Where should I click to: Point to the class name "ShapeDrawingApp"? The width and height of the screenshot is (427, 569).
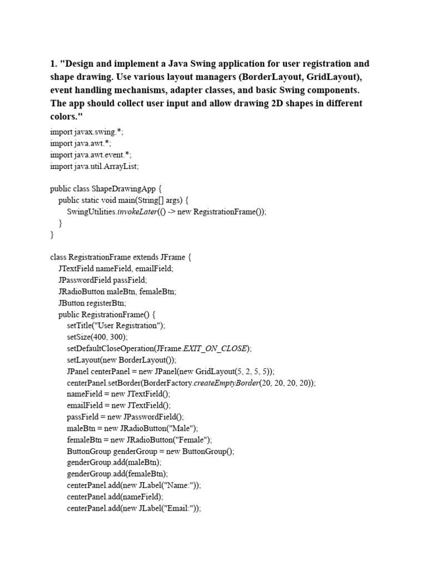click(127, 189)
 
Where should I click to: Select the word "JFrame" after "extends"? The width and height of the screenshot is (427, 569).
click(172, 257)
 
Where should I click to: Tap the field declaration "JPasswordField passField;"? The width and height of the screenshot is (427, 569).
click(103, 280)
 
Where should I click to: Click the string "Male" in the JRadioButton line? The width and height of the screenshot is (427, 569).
click(182, 428)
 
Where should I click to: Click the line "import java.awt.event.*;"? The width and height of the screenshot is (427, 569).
click(91, 155)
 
